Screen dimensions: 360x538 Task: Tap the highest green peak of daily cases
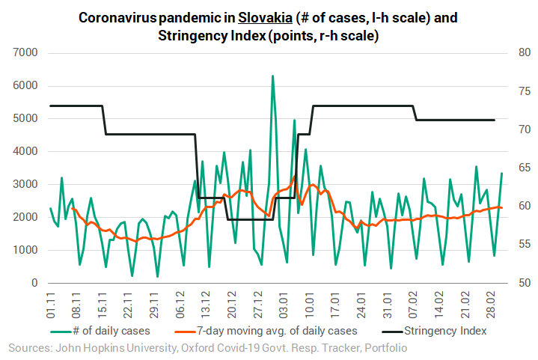(272, 76)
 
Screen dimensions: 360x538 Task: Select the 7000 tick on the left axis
(24, 52)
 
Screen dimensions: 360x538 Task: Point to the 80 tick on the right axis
(516, 52)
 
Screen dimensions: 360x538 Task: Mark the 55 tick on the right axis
(516, 244)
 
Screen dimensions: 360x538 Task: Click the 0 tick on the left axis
(34, 283)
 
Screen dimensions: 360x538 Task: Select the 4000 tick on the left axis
(24, 151)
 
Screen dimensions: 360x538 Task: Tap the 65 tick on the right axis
(516, 168)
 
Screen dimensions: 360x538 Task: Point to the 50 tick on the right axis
(516, 283)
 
